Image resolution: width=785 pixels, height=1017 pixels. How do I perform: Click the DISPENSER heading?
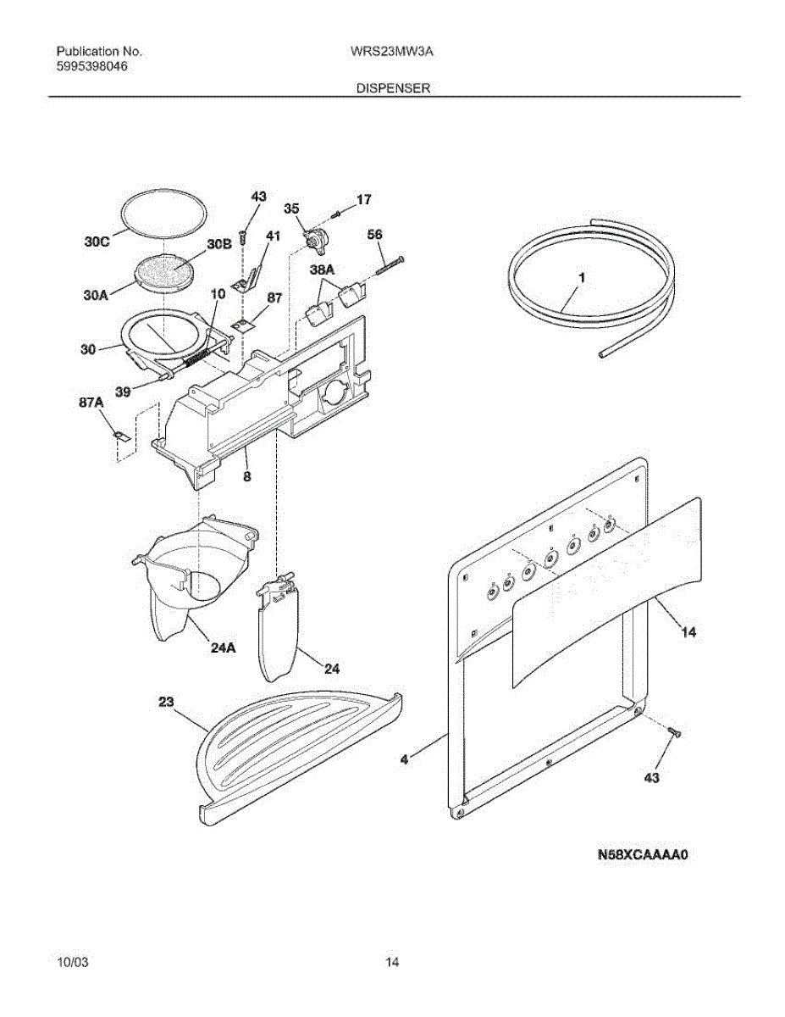[393, 87]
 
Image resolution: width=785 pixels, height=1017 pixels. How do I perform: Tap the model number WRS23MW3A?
[392, 51]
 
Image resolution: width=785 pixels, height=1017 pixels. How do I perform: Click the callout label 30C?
[97, 241]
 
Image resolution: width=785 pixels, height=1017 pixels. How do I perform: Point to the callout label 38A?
[323, 269]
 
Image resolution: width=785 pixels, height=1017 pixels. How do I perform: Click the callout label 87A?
[91, 405]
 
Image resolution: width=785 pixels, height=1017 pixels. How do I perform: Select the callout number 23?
[165, 701]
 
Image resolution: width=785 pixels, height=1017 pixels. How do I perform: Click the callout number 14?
[690, 632]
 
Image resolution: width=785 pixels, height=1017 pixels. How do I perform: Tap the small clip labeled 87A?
[121, 436]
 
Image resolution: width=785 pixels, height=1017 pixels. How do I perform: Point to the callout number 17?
[363, 201]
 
